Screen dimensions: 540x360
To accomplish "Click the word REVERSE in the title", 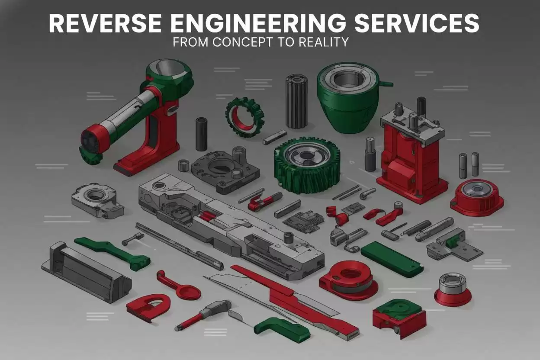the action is (x=105, y=23).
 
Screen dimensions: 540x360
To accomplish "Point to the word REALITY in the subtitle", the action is (x=324, y=42).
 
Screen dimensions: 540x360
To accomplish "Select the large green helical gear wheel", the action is (x=307, y=165).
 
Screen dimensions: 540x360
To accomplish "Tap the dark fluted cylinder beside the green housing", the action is (x=296, y=101).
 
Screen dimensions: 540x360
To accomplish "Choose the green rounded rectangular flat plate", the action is (x=392, y=259).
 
